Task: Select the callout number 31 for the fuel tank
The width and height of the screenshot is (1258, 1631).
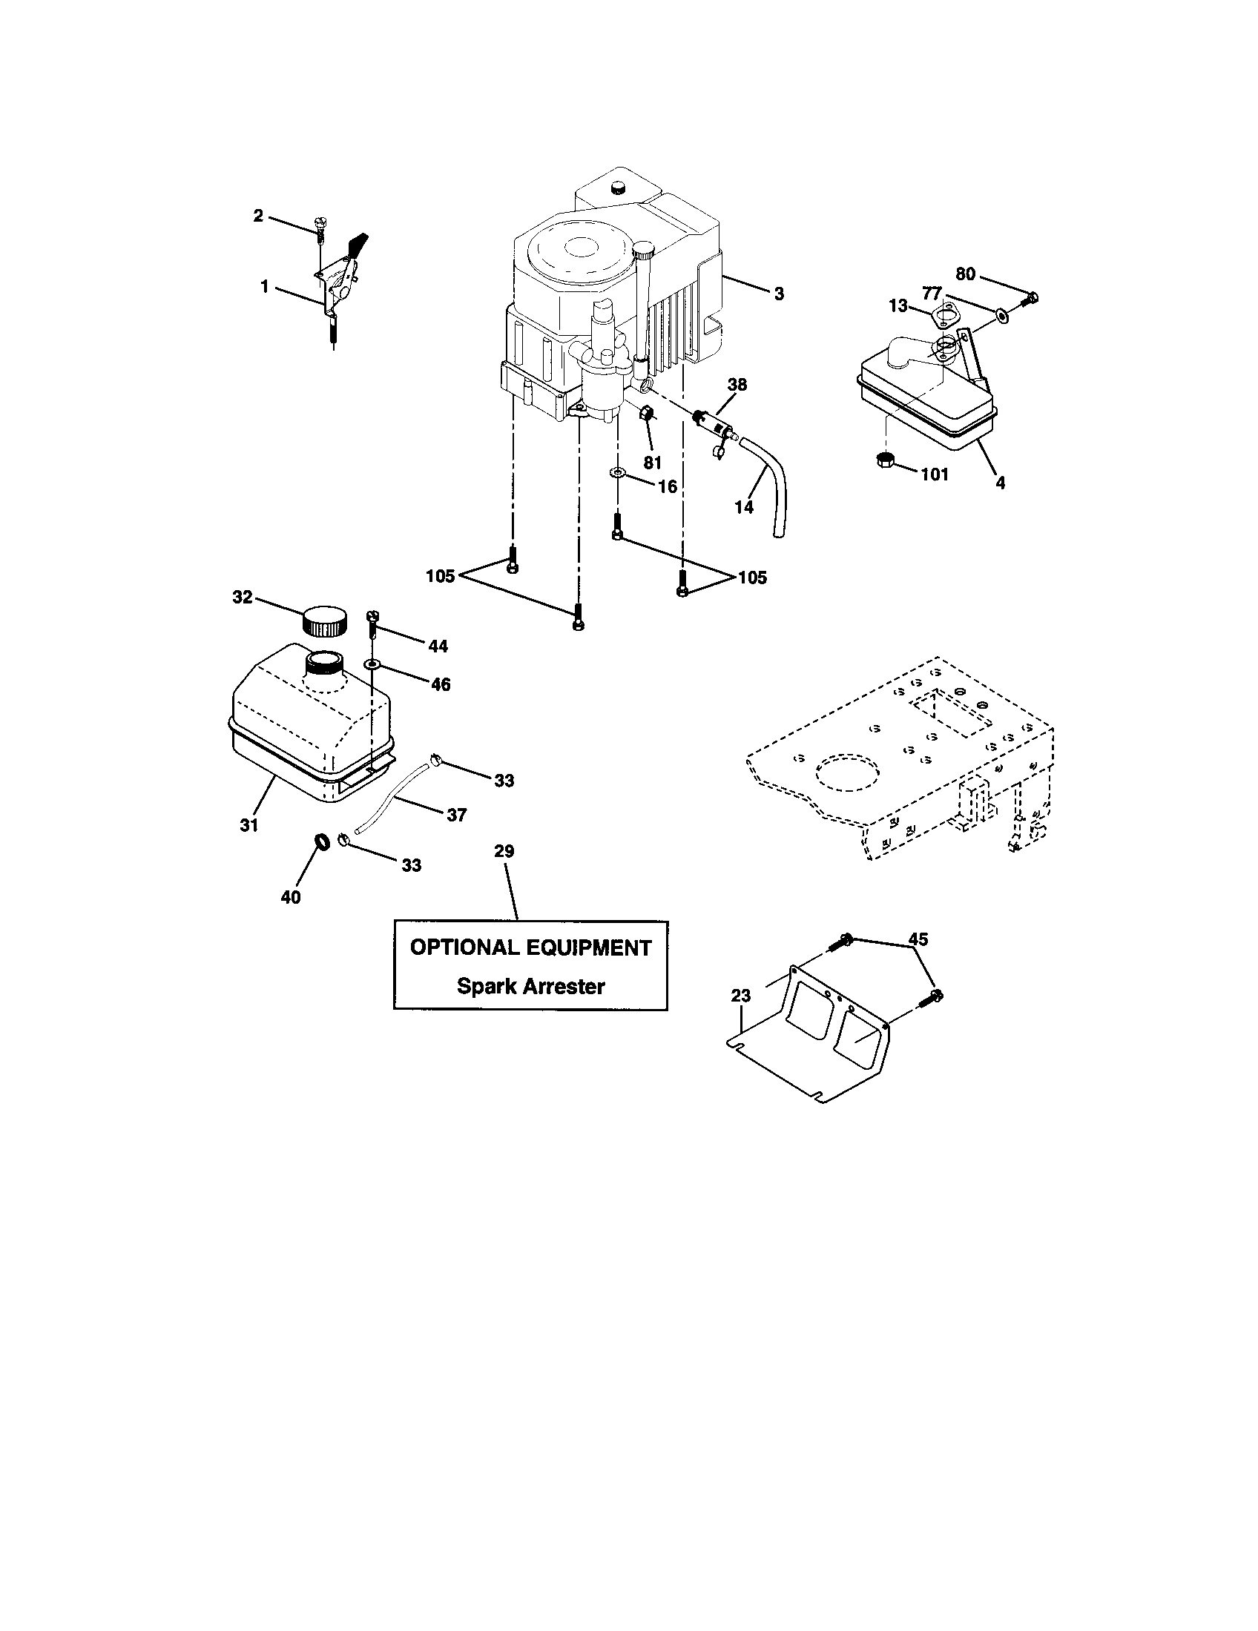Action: coord(248,824)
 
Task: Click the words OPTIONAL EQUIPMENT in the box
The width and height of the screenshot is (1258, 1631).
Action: coord(530,947)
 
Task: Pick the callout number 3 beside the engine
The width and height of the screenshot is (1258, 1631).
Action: coord(778,294)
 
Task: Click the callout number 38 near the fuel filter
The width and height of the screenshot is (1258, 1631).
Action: coord(737,386)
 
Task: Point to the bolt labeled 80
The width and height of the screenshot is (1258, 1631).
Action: coord(1033,300)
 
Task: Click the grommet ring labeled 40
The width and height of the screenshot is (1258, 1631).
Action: coord(322,842)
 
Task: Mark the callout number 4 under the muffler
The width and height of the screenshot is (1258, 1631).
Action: coord(1000,483)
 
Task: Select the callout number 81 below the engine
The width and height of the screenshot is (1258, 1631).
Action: coord(652,463)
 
